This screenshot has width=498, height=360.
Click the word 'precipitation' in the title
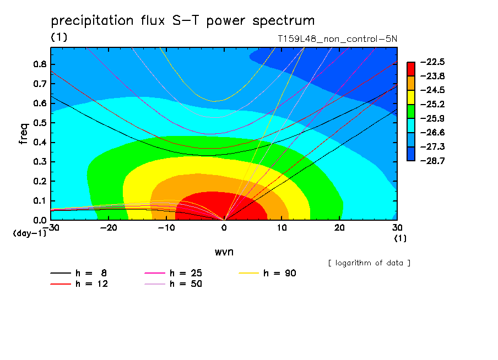coord(92,21)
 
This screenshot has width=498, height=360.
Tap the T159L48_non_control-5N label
coord(337,39)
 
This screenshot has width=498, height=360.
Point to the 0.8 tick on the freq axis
coord(40,64)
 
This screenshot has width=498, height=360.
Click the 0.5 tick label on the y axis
coord(40,123)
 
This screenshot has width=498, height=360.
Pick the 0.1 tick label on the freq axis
coord(40,201)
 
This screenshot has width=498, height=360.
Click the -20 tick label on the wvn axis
coord(109,228)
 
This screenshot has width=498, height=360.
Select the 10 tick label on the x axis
coord(282,228)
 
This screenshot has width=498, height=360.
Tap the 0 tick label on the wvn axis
coord(224,228)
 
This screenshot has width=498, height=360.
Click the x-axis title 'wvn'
coord(224,252)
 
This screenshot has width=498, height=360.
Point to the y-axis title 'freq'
coord(24,133)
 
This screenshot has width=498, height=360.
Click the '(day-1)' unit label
coord(29,233)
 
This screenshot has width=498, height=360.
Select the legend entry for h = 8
coord(78,273)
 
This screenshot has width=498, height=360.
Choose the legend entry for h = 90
coord(267,273)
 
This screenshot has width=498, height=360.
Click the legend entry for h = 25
coord(173,273)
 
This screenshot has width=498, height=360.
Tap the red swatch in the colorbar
coord(411,69)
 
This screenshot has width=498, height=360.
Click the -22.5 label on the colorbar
coord(432,62)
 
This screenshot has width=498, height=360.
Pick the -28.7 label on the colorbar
coord(432,161)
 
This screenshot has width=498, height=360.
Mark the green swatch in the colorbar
coord(411,111)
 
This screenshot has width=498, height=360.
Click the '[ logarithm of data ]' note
coord(369,263)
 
